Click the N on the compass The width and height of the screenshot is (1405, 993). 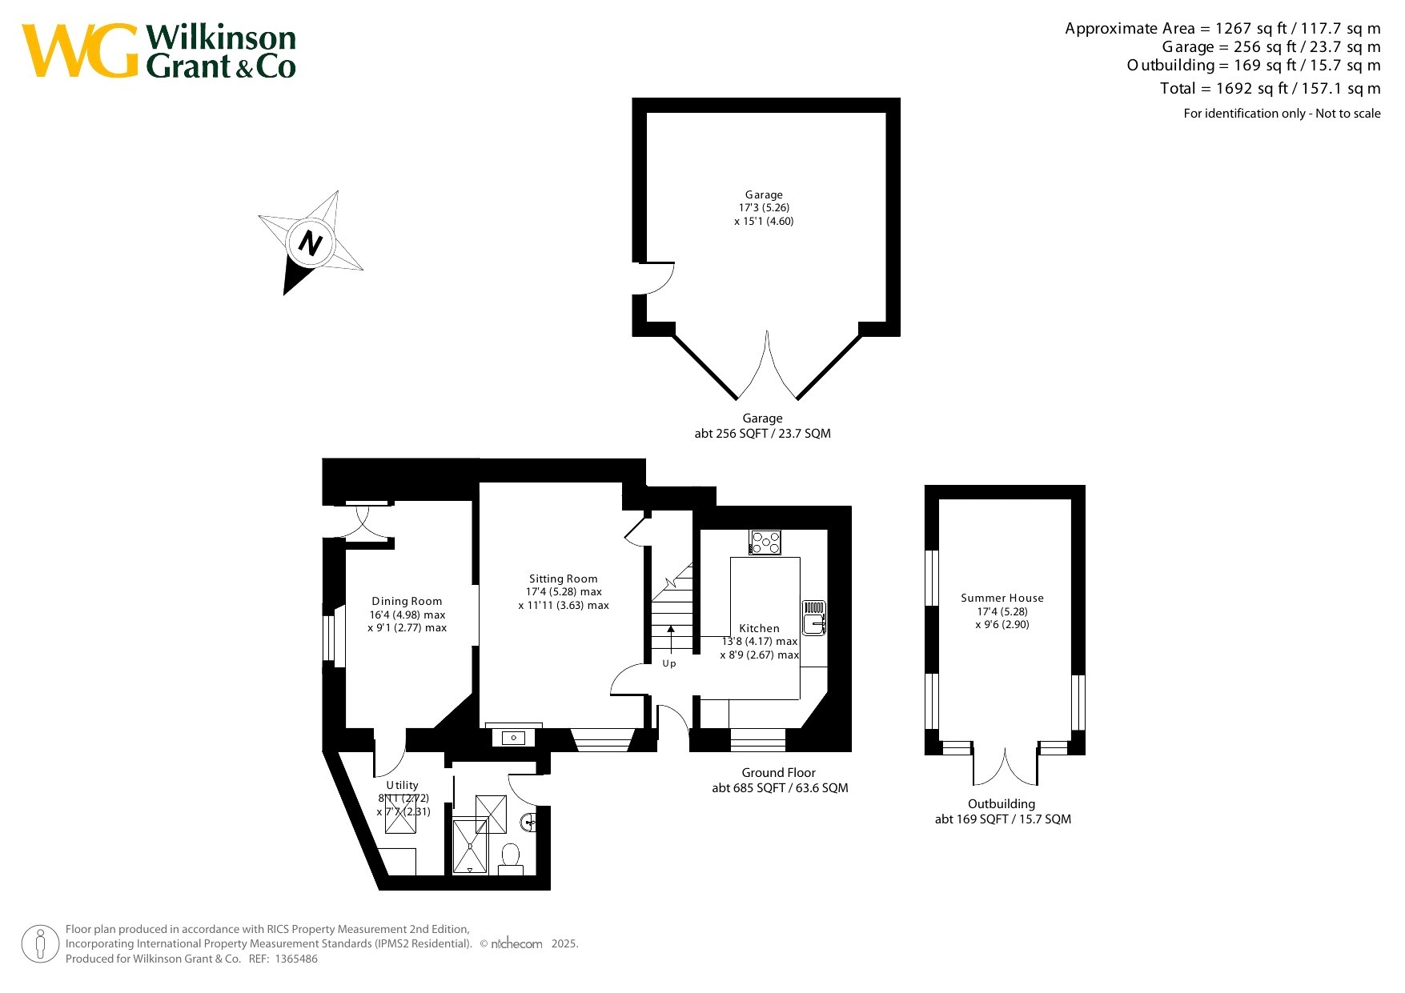[310, 242]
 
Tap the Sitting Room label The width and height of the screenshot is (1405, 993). [564, 579]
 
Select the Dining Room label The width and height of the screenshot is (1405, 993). [407, 601]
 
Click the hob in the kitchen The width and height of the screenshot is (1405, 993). [765, 542]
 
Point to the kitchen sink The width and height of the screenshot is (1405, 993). [814, 617]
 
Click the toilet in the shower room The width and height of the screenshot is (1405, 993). [510, 858]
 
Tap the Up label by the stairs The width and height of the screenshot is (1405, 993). [669, 663]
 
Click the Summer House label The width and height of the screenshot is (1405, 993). [1002, 598]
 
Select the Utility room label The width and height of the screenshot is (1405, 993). [402, 785]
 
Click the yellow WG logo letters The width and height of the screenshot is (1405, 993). [80, 50]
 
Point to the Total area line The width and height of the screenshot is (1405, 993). [1271, 88]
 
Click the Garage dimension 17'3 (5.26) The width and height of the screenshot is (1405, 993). [764, 207]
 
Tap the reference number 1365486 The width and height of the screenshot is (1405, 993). [296, 959]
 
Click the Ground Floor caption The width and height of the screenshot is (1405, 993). [779, 772]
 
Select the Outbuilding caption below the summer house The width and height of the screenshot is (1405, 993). [1002, 803]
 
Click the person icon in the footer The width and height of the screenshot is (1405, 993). [41, 944]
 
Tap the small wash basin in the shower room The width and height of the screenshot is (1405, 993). [529, 821]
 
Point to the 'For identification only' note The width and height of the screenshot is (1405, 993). [1283, 114]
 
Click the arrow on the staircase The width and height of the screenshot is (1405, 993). [671, 639]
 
